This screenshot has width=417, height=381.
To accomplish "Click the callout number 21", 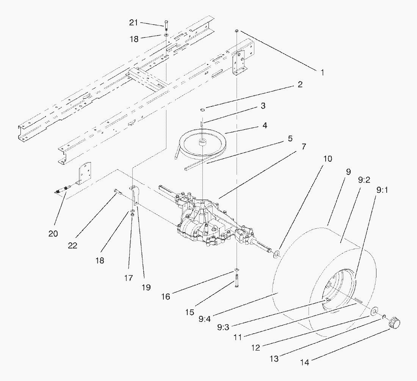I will click(x=133, y=23).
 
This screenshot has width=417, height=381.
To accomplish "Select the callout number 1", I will click(x=322, y=72).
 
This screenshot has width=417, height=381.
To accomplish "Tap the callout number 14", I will click(x=304, y=362).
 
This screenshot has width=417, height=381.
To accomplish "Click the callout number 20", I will click(x=53, y=234).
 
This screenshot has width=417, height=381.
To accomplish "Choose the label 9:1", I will click(x=382, y=190).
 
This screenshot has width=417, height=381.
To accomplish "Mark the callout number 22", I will click(x=72, y=245).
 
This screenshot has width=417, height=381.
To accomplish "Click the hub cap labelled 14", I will click(x=395, y=323).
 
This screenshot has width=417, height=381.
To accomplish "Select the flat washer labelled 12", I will click(x=374, y=311).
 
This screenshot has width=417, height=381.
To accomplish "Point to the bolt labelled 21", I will click(x=166, y=27).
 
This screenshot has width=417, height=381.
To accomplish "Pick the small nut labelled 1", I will click(x=236, y=30).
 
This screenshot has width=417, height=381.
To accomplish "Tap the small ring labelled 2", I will click(x=202, y=110).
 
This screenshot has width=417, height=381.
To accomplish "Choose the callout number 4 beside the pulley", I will click(x=264, y=125).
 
